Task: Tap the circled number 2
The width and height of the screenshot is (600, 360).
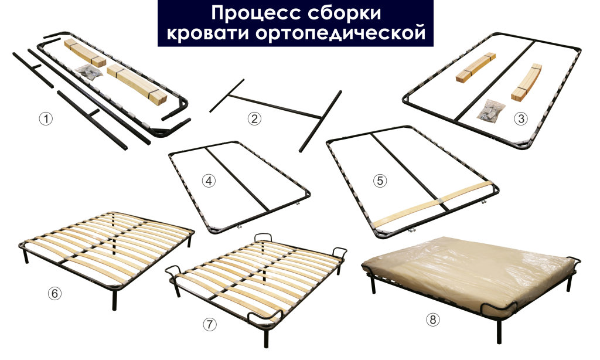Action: click(x=254, y=118)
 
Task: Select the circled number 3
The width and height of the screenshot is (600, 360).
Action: click(x=520, y=118)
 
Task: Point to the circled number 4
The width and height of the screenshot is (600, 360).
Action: click(x=209, y=181)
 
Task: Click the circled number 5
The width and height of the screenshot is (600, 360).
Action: click(x=380, y=181)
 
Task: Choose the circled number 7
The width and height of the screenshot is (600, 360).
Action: click(x=209, y=324)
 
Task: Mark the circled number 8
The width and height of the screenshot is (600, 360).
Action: click(x=433, y=320)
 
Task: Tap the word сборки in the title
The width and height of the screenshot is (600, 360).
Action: click(x=344, y=13)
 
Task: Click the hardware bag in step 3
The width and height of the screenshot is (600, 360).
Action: click(x=490, y=111)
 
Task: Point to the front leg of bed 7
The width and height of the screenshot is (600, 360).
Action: click(x=266, y=338)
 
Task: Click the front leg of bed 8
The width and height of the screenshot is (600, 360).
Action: click(x=499, y=332)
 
